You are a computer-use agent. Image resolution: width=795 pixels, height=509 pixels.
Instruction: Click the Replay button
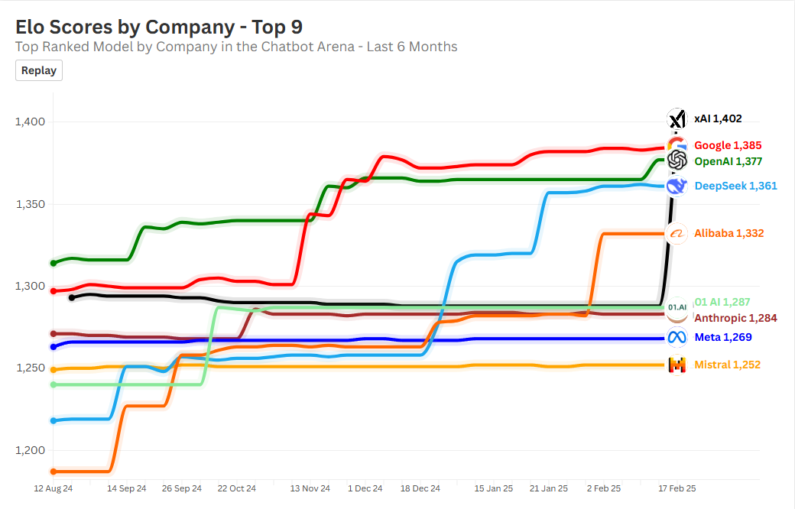(x=39, y=70)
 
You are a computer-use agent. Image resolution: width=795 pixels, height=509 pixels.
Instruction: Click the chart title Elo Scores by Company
(x=159, y=27)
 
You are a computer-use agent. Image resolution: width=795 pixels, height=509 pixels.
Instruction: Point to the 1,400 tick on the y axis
(x=31, y=122)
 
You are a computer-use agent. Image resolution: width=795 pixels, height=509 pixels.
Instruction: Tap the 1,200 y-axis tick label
(x=31, y=450)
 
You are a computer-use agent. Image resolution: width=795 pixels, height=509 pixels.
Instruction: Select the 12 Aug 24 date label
(x=53, y=488)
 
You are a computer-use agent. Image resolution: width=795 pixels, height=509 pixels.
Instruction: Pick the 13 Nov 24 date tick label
(x=310, y=488)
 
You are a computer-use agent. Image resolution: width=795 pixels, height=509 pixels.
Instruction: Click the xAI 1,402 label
(x=718, y=118)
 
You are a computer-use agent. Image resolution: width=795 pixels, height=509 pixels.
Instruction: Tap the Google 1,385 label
(x=728, y=145)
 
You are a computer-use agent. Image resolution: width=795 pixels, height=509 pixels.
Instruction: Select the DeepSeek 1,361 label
(x=735, y=186)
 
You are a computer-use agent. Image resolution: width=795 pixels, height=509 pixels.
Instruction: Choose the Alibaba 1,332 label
(x=728, y=233)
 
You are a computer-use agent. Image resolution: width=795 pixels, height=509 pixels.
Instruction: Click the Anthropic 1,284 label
(x=736, y=318)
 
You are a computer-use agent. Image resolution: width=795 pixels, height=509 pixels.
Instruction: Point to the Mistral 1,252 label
(x=727, y=365)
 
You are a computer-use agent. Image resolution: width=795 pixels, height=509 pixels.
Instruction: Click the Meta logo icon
(x=677, y=337)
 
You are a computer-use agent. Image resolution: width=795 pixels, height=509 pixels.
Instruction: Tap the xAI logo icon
(x=677, y=119)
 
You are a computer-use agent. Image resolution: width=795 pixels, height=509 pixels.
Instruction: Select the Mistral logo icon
(x=677, y=365)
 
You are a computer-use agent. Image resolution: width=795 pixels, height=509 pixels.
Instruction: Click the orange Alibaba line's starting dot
(x=53, y=472)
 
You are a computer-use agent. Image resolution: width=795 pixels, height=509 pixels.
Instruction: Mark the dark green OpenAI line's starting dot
(x=53, y=263)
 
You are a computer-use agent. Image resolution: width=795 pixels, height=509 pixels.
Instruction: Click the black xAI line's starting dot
(x=72, y=297)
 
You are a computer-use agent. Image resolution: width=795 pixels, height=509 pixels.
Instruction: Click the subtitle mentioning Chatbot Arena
(x=236, y=47)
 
